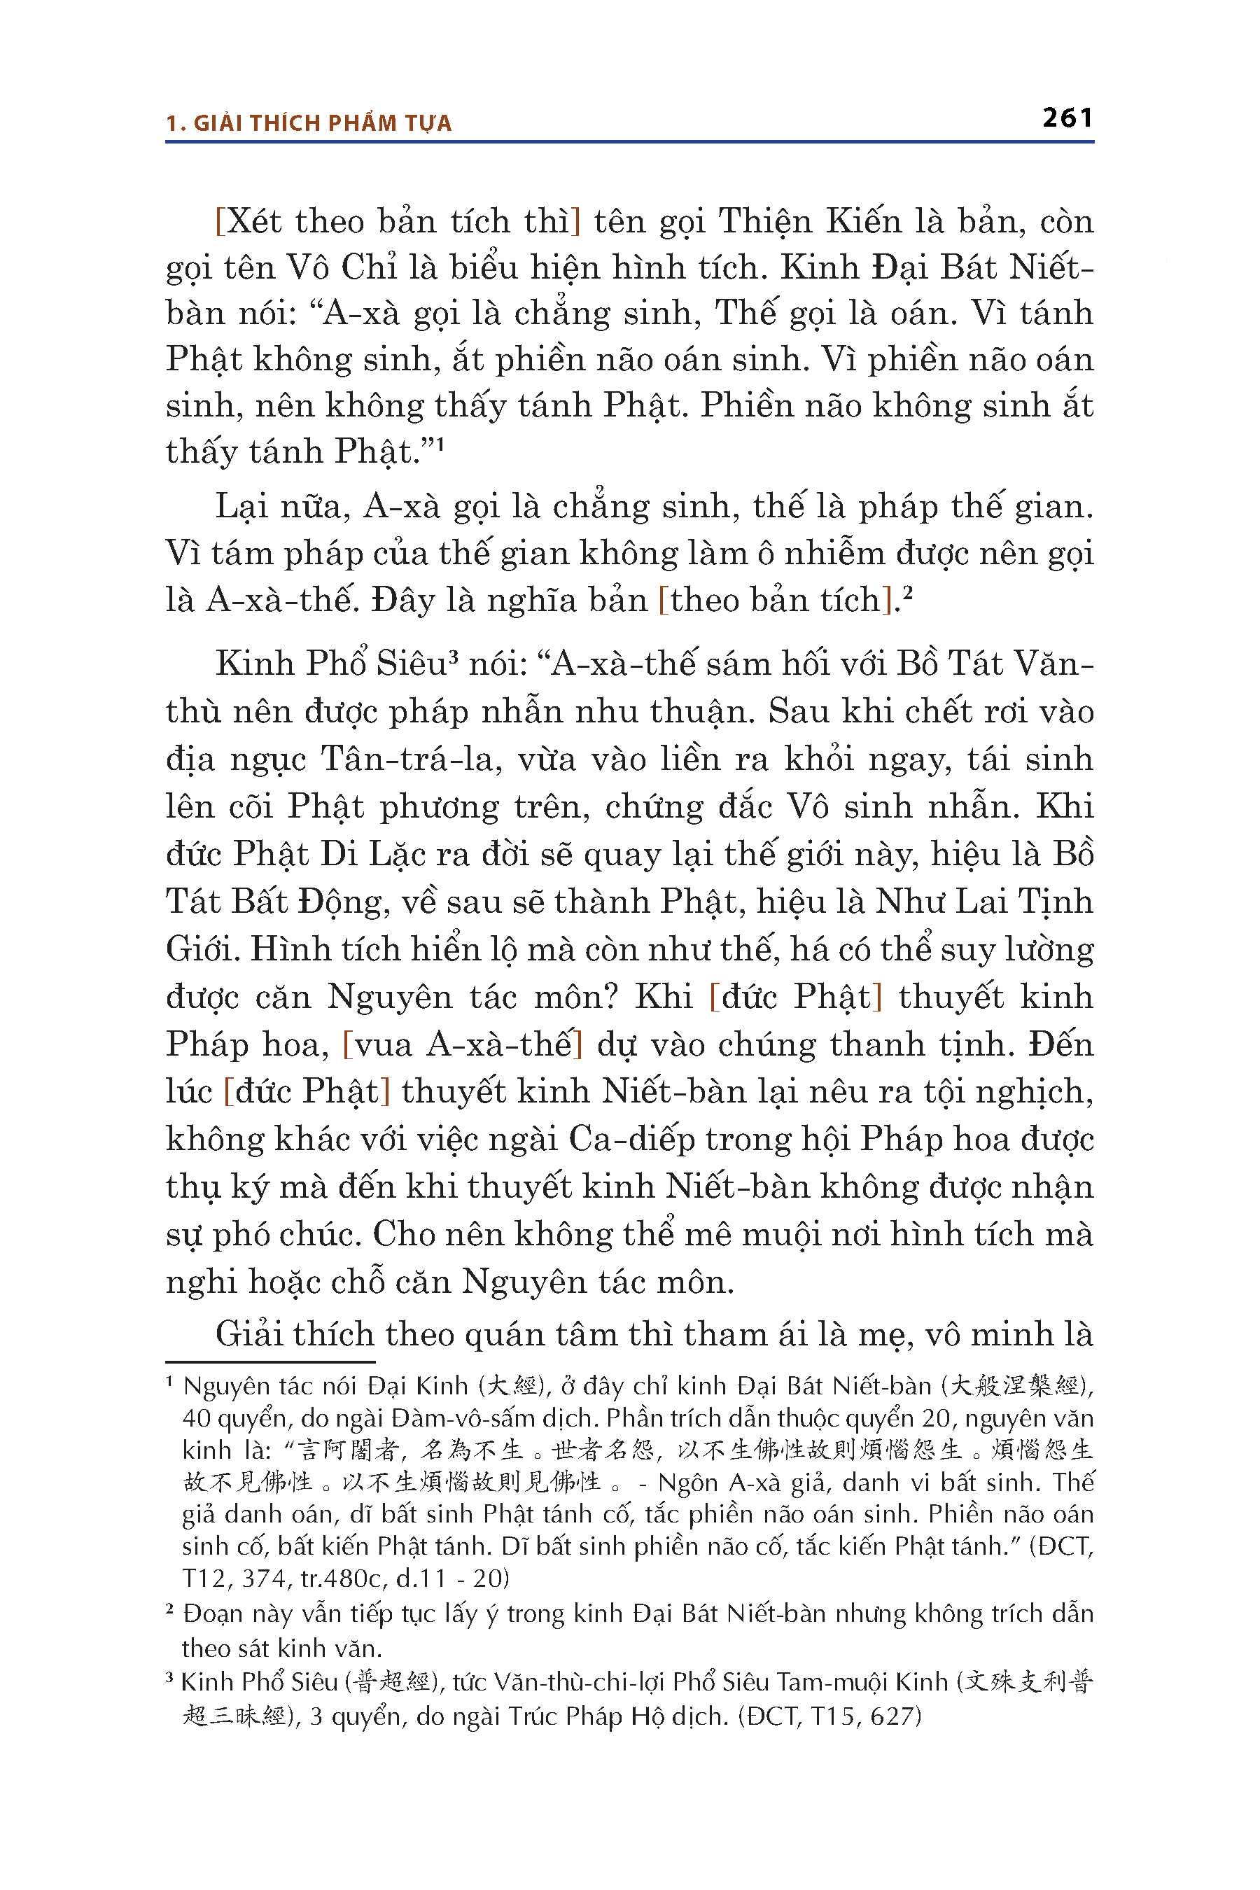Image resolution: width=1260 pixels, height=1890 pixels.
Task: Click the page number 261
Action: (x=1067, y=118)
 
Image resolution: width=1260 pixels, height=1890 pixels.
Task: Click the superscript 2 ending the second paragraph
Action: (x=908, y=594)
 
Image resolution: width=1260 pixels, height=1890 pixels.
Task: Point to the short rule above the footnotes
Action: (x=270, y=1361)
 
